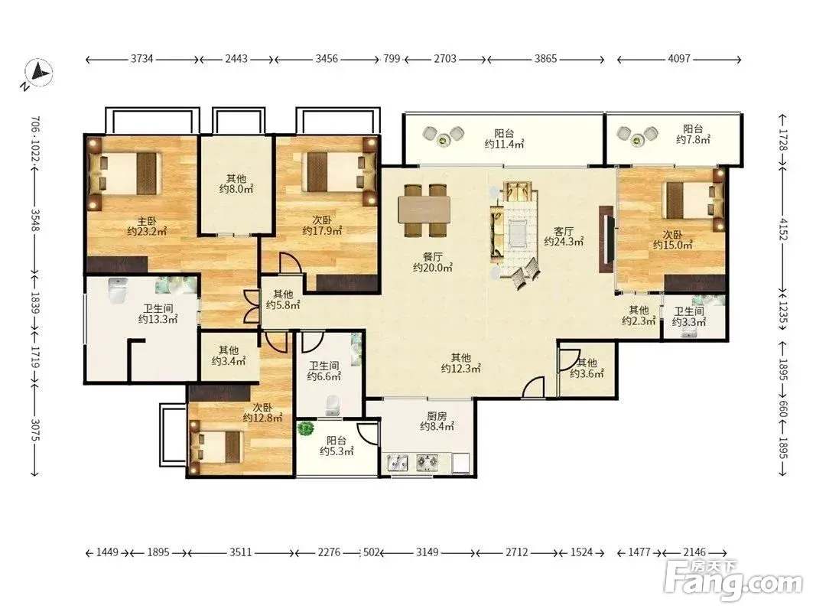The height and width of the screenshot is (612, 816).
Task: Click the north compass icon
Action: point(40,73)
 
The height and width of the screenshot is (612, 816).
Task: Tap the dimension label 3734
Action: point(141,59)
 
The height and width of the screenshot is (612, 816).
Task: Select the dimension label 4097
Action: point(679,59)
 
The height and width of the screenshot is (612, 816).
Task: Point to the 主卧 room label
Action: point(147,222)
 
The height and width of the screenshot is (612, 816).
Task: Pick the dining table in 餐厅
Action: point(424,210)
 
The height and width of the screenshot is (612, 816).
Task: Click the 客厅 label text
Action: point(564,231)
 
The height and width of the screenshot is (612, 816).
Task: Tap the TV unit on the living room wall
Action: point(607,239)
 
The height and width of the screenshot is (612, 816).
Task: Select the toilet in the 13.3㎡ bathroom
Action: point(119,291)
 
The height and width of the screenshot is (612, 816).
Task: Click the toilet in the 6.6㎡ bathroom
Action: point(331,404)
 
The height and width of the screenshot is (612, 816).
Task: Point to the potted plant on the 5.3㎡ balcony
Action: point(306,429)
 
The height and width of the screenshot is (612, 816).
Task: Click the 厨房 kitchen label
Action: point(437,416)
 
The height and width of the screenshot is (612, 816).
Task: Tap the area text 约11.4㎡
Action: point(504,144)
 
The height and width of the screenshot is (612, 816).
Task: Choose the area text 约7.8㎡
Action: point(693,139)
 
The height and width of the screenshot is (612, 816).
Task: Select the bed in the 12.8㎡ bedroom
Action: point(217,447)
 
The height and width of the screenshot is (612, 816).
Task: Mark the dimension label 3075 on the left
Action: point(35,430)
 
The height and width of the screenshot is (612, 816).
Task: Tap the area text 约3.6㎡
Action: point(587,373)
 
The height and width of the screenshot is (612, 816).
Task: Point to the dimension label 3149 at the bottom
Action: point(427,552)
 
